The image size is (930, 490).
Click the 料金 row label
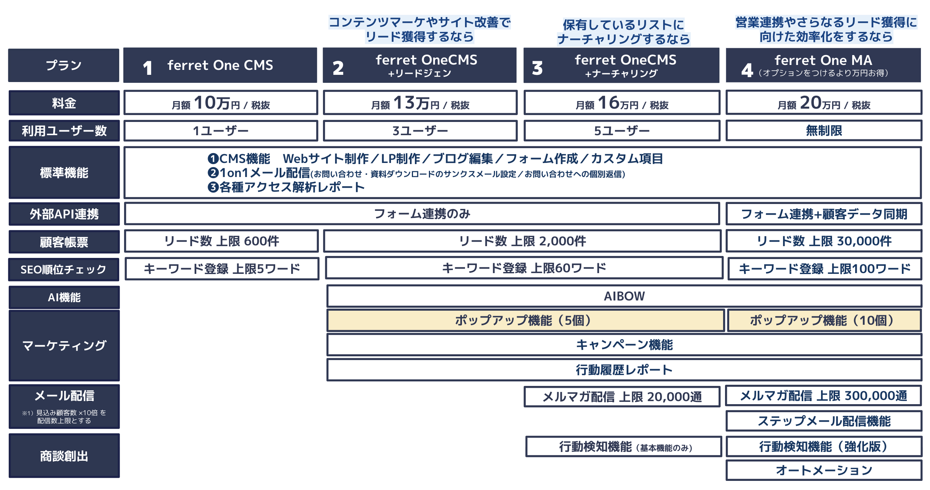click(x=64, y=103)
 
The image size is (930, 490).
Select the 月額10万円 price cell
click(x=221, y=103)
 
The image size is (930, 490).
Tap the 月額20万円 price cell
click(x=824, y=103)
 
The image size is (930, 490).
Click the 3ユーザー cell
click(x=420, y=131)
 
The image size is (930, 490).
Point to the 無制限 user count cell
click(x=824, y=131)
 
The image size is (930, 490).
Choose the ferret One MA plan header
click(x=823, y=65)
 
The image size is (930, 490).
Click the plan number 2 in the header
click(x=338, y=68)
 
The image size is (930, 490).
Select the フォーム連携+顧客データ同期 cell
click(x=824, y=214)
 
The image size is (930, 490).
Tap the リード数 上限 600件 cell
click(x=221, y=241)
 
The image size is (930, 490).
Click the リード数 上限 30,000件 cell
click(x=824, y=241)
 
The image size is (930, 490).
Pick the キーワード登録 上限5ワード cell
click(x=222, y=269)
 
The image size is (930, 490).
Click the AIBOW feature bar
click(x=624, y=296)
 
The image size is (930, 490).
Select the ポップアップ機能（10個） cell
click(x=824, y=320)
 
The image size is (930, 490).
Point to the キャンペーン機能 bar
click(x=624, y=345)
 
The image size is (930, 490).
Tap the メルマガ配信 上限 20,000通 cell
click(x=622, y=397)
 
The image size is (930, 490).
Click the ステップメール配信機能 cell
click(x=824, y=421)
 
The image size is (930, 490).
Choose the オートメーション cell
click(x=824, y=470)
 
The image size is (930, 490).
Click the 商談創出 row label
click(x=64, y=456)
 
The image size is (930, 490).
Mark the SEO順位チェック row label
click(x=64, y=270)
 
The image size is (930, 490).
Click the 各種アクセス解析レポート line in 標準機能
click(x=286, y=187)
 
